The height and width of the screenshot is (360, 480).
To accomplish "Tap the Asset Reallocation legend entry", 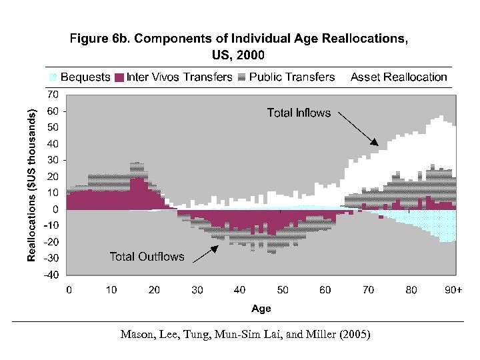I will click(399, 77).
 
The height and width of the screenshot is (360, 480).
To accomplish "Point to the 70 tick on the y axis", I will click(53, 94).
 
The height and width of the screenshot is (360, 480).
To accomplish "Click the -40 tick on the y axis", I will click(51, 274).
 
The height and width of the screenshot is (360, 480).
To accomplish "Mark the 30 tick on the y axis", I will click(53, 160).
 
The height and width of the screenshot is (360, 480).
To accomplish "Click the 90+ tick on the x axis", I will click(454, 290).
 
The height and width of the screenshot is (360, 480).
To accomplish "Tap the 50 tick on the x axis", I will click(283, 290).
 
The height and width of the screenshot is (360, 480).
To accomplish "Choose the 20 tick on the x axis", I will click(154, 290).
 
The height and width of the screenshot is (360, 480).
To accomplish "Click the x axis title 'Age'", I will click(261, 309).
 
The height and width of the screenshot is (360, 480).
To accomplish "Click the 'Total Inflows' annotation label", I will click(299, 113).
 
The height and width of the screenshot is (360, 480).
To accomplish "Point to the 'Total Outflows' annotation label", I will click(147, 257).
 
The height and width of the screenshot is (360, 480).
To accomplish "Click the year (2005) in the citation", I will click(355, 335).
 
